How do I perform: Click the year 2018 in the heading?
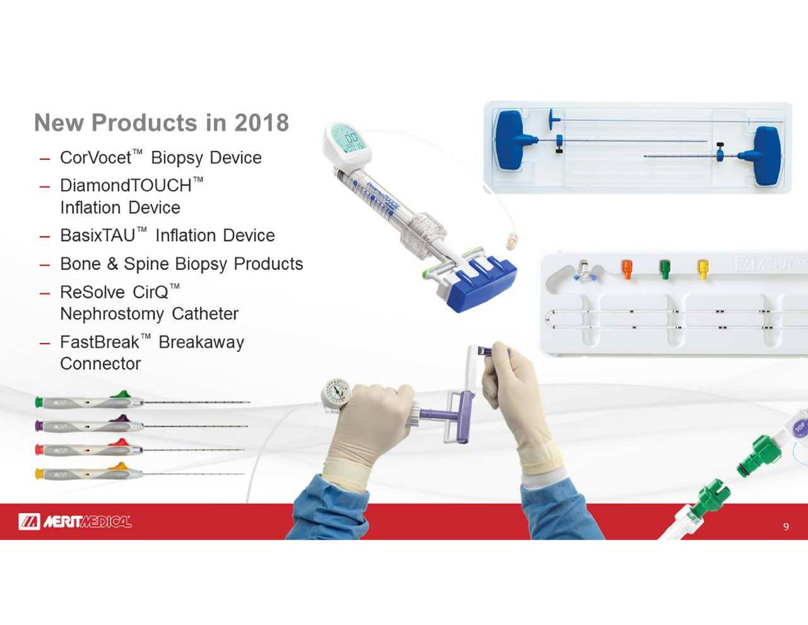click(261, 123)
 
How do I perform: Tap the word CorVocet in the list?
click(95, 158)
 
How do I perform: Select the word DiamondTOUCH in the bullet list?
click(126, 186)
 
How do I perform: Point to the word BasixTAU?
click(97, 236)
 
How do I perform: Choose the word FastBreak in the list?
click(99, 343)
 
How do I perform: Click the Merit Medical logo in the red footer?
click(74, 521)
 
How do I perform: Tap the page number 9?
click(786, 526)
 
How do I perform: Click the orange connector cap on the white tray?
click(627, 269)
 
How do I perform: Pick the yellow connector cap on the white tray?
click(703, 269)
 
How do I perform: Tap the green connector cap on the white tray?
click(665, 269)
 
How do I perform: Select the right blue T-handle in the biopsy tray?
click(766, 155)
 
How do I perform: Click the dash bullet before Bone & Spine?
click(44, 265)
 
